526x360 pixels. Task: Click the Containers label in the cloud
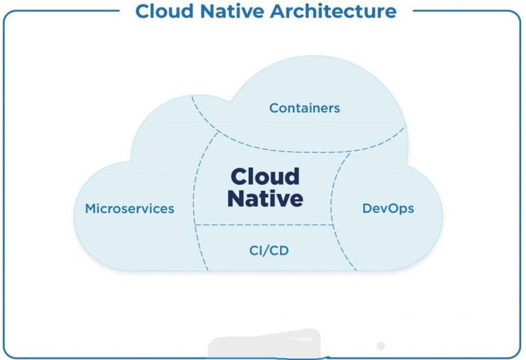[304, 108]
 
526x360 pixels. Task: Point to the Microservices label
[129, 209]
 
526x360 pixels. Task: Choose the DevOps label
[388, 208]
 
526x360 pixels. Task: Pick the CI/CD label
[268, 250]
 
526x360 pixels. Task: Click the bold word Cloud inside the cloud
[265, 177]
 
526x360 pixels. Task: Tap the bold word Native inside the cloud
[265, 199]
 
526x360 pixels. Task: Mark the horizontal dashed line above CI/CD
[264, 225]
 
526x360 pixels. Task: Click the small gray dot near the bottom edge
[381, 346]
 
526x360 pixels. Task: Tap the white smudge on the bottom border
[264, 346]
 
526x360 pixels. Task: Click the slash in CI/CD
[268, 250]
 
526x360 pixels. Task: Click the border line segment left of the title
[68, 11]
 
